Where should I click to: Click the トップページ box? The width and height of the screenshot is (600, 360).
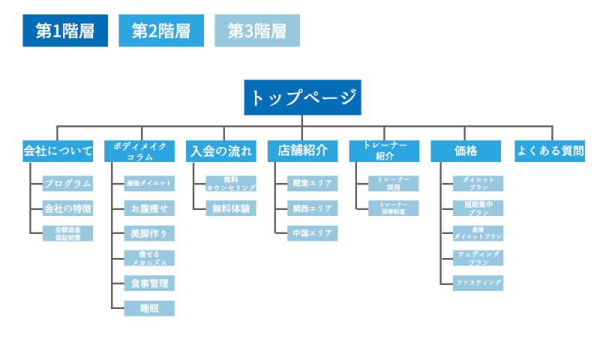[x=302, y=97]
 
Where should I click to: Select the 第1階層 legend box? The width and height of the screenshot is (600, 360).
[x=65, y=31]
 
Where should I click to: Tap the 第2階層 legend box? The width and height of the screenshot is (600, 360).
[x=161, y=31]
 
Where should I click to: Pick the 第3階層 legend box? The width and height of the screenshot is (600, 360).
[x=256, y=31]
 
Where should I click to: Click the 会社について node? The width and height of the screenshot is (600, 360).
[x=58, y=151]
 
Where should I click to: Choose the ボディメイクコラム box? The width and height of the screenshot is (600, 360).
[x=139, y=151]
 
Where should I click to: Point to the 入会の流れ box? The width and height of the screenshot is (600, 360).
[x=221, y=151]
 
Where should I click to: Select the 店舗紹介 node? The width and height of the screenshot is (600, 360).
[x=303, y=151]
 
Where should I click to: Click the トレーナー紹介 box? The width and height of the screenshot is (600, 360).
[x=385, y=151]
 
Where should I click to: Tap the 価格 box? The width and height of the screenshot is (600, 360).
[x=466, y=151]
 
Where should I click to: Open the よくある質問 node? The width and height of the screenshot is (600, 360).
[x=550, y=151]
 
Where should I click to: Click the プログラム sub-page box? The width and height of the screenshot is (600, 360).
[x=67, y=183]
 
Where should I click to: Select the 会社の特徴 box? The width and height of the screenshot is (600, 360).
[x=67, y=208]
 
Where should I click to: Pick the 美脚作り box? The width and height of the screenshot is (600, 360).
[x=149, y=233]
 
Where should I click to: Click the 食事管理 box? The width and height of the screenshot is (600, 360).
[x=149, y=283]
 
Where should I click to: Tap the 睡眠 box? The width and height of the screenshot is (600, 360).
[x=149, y=308]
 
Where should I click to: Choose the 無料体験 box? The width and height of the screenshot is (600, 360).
[x=231, y=208]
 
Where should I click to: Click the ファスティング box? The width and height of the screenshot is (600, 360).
[x=478, y=283]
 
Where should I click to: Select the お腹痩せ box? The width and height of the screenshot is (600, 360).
[x=149, y=208]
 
